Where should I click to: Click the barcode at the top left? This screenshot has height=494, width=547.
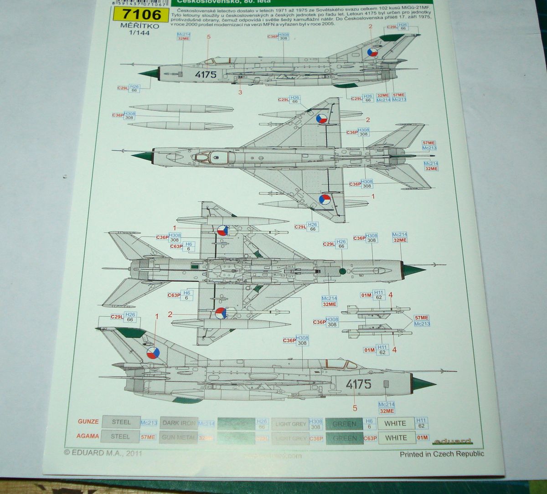coord(136,3)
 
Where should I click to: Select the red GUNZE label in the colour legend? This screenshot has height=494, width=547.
coord(88,422)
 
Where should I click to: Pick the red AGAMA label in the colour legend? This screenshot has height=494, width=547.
coord(88,436)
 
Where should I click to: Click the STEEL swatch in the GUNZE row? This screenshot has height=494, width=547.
coord(121,422)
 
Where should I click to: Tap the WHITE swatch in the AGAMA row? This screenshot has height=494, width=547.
coord(395,437)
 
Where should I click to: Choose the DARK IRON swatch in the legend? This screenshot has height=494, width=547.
coord(179,423)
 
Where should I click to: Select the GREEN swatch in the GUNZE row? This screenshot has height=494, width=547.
coord(345,424)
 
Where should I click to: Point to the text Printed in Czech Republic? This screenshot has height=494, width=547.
coord(442,454)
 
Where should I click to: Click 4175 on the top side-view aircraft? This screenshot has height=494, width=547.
coord(205,75)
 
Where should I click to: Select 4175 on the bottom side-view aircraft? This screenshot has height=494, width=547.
coord(358,384)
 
